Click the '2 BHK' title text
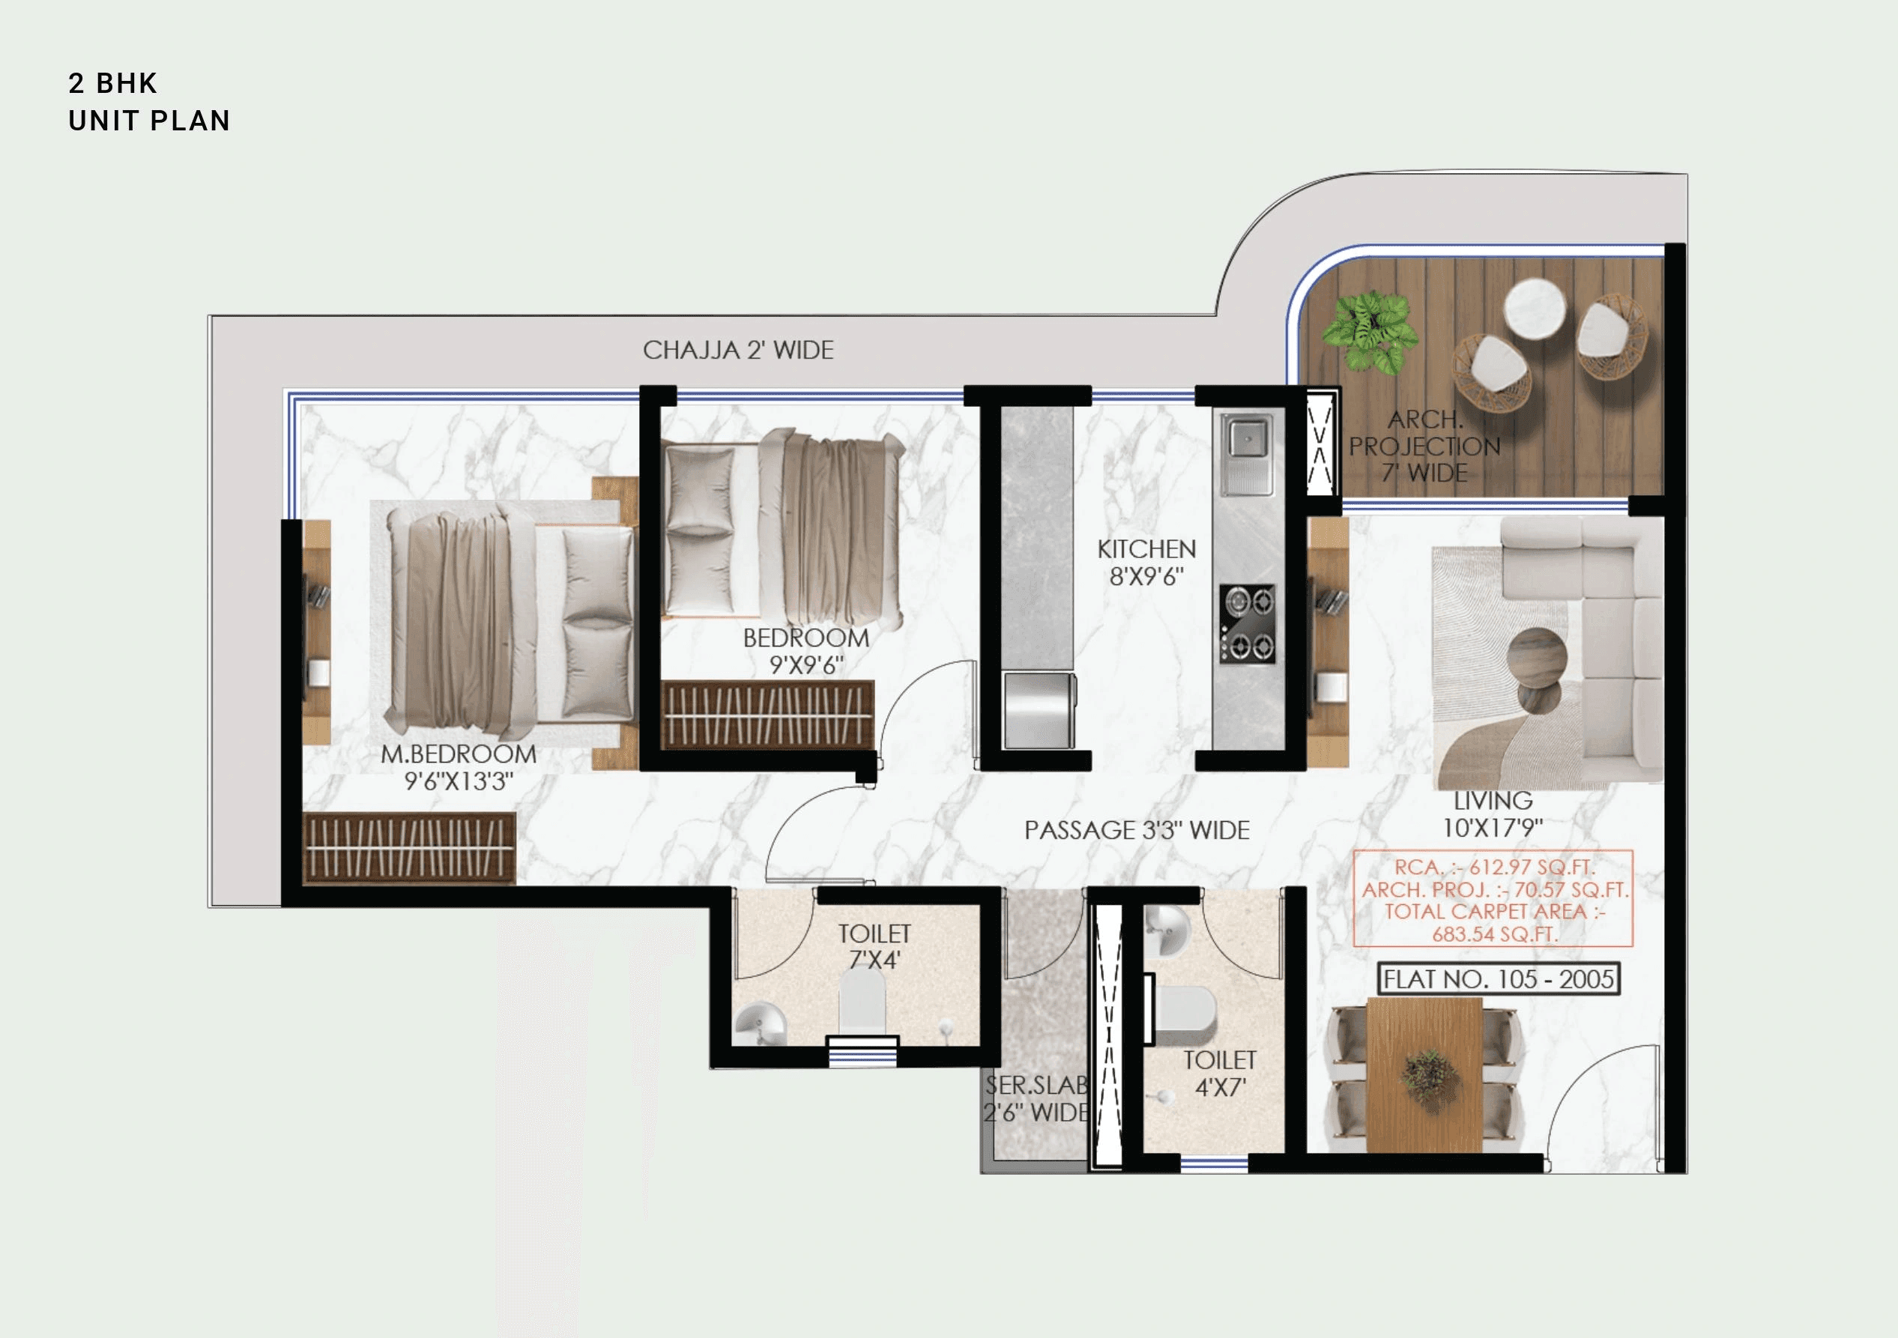112,83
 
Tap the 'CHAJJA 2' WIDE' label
737,351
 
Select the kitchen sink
1247,438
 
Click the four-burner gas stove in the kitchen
1248,624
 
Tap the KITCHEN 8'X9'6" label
1146,563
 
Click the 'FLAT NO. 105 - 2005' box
1498,979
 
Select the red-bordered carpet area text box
1493,899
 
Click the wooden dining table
1424,1075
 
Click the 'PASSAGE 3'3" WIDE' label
1137,831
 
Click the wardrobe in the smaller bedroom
767,715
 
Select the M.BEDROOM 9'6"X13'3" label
458,768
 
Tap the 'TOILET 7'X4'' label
874,947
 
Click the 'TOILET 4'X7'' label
1219,1074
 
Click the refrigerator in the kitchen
1039,710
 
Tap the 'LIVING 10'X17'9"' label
1492,814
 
